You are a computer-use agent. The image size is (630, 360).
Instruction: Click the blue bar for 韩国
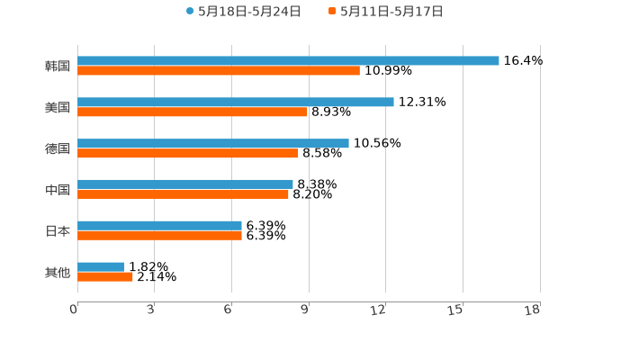click(288, 60)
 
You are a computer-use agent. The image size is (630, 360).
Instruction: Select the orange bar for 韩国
click(219, 70)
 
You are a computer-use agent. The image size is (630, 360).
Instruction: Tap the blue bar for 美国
click(236, 102)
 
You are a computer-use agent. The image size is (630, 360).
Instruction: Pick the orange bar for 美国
click(193, 112)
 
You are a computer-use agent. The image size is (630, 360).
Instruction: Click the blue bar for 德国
click(213, 143)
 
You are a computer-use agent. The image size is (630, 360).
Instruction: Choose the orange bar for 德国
click(188, 153)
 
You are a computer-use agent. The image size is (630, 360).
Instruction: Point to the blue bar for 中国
click(185, 184)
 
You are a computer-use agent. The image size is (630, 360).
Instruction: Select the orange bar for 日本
click(159, 235)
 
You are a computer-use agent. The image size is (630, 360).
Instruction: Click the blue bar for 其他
click(101, 266)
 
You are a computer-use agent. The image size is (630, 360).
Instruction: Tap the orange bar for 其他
click(105, 276)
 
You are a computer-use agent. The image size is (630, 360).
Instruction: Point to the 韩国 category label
click(58, 66)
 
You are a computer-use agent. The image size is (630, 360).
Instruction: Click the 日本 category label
click(58, 230)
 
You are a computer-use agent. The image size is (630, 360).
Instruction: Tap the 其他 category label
click(58, 272)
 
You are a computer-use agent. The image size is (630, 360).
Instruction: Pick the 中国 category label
click(58, 189)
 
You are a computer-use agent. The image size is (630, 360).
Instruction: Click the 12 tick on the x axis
click(379, 310)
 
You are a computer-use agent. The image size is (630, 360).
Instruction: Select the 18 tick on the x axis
click(533, 310)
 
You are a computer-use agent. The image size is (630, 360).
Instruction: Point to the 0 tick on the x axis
click(74, 310)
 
